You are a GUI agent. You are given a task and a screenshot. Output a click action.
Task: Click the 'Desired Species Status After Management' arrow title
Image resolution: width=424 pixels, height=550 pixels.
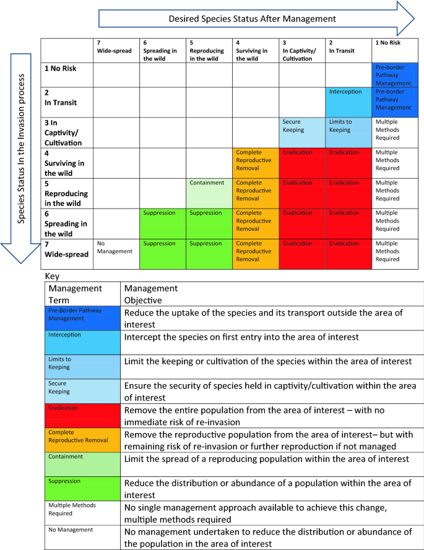click(x=253, y=19)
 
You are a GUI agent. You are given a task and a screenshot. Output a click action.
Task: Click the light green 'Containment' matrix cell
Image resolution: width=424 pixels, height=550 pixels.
click(x=209, y=192)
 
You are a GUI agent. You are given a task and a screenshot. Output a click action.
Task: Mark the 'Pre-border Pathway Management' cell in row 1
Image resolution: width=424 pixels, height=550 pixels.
click(x=395, y=75)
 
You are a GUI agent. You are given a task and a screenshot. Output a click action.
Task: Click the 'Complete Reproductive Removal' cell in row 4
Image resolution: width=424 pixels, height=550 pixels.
click(x=256, y=163)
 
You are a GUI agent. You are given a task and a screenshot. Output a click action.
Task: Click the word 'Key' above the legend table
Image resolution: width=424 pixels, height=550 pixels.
click(x=53, y=277)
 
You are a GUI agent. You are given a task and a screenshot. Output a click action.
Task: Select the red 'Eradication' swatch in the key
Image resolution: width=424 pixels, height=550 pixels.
click(x=84, y=415)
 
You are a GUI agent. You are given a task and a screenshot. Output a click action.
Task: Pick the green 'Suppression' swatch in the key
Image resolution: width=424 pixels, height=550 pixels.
click(x=84, y=487)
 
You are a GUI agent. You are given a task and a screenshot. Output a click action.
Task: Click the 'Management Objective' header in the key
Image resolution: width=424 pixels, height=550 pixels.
click(x=151, y=294)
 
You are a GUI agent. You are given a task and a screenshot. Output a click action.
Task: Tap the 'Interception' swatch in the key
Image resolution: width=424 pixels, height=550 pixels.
click(x=84, y=341)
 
